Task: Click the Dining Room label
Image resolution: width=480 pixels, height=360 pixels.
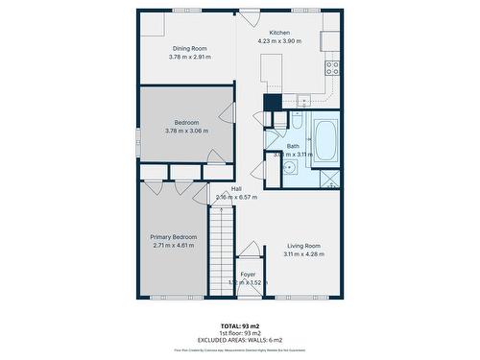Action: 189,48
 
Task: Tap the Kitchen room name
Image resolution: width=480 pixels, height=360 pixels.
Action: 279,34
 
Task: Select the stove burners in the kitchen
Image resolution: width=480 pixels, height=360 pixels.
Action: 332,68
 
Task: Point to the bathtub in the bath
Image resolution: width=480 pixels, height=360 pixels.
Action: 324,139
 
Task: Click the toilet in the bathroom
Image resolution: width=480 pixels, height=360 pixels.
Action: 297,123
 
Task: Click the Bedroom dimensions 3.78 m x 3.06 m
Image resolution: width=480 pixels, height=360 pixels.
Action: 187,131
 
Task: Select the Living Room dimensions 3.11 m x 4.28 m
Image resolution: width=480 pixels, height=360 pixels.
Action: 303,254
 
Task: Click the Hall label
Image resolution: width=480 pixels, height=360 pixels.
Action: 236,189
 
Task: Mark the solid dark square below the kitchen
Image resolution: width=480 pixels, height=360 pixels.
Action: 273,103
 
